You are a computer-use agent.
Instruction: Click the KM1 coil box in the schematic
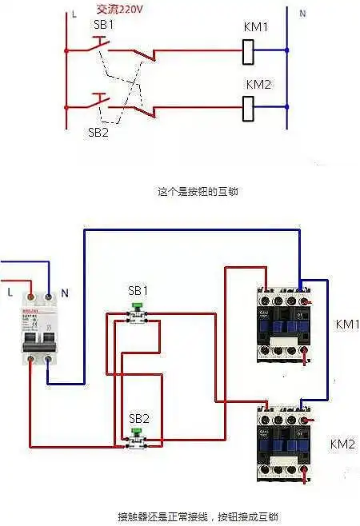[248, 50]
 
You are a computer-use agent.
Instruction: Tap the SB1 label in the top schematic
[103, 25]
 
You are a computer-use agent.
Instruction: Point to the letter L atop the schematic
[74, 14]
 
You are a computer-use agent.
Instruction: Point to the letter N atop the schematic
[302, 14]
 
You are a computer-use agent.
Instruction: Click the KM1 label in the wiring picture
[347, 325]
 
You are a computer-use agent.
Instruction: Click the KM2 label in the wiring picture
[342, 444]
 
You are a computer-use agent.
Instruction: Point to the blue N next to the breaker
[65, 293]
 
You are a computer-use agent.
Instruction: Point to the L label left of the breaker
[9, 293]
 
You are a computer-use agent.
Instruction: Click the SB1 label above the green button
[138, 289]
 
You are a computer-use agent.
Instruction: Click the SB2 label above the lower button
[139, 417]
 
